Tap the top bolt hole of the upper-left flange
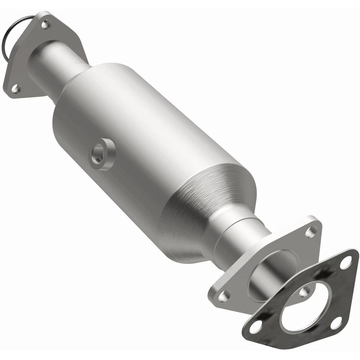(45, 25)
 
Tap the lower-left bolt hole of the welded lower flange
(224, 296)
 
